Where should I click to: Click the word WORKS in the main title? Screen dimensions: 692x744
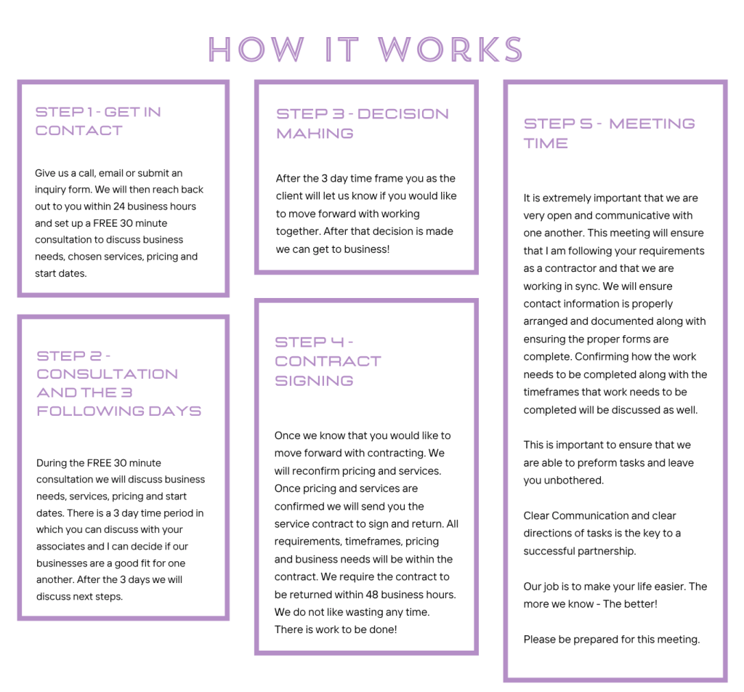[450, 49]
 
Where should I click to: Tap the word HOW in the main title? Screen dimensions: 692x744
[256, 49]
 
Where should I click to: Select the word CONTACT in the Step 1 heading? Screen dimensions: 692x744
[78, 131]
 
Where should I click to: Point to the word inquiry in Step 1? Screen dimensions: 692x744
[53, 190]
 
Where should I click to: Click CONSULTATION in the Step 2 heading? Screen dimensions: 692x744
[108, 374]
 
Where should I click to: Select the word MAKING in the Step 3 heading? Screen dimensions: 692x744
[315, 134]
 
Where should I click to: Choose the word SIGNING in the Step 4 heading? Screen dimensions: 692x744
[314, 381]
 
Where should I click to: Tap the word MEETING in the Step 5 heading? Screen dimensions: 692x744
[652, 124]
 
